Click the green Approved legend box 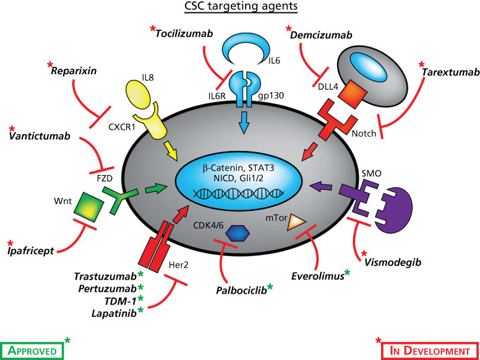coord(32,349)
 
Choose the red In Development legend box coord(427,349)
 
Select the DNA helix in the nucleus coord(240,192)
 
